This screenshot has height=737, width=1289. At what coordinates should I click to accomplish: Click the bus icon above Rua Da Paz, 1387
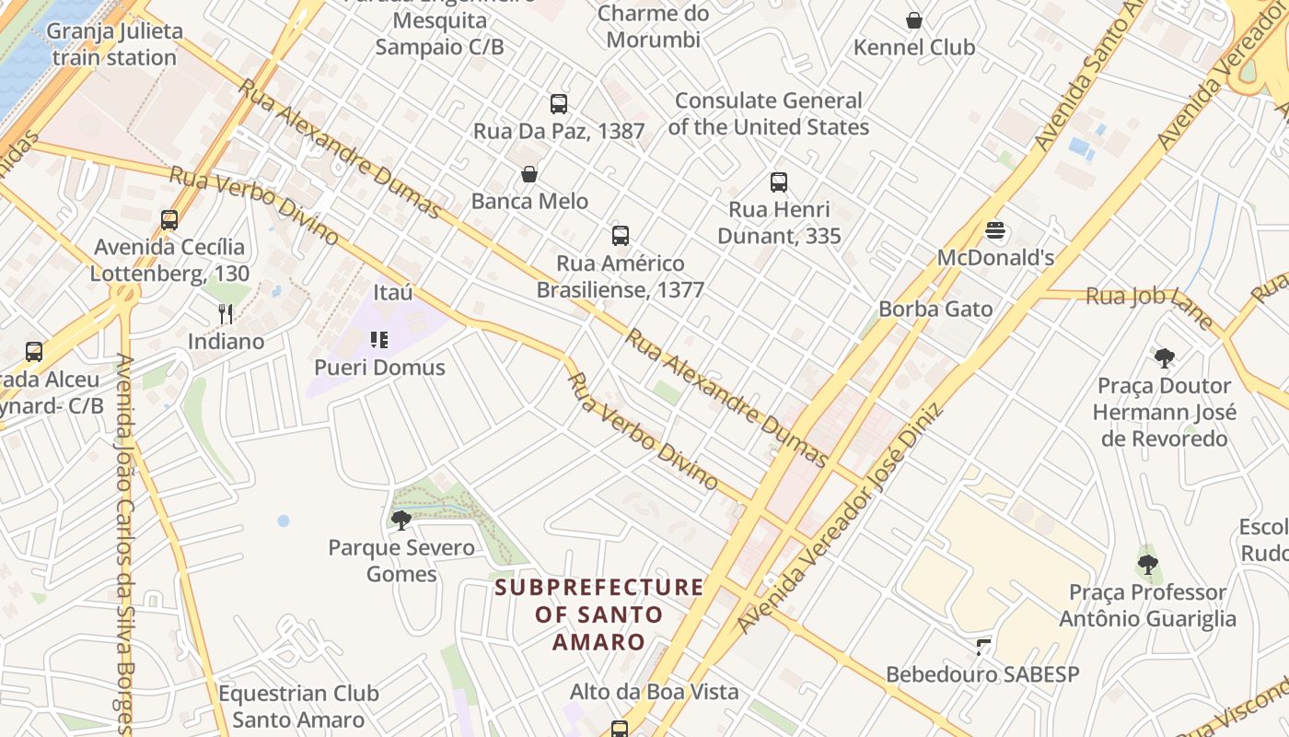click(559, 104)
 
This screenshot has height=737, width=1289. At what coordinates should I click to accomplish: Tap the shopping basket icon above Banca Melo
click(529, 174)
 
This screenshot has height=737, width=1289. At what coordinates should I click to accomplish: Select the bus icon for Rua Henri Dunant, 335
click(779, 182)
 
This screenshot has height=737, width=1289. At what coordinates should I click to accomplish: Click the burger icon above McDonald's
click(995, 230)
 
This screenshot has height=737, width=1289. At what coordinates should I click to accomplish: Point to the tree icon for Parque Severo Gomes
click(401, 521)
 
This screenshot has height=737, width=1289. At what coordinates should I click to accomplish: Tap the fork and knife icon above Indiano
click(226, 314)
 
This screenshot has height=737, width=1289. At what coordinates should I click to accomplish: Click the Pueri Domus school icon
click(379, 341)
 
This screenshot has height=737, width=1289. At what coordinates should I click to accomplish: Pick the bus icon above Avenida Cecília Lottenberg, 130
click(169, 220)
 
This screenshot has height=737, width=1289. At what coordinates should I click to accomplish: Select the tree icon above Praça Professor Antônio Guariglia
click(1147, 565)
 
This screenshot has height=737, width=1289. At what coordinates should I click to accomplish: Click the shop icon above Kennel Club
click(914, 20)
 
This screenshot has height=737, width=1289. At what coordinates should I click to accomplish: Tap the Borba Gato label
click(935, 310)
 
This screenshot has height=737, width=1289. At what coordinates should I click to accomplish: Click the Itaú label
click(393, 293)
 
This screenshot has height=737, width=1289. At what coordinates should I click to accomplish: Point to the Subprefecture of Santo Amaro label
click(599, 614)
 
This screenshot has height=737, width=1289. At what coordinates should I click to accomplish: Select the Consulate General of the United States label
click(768, 113)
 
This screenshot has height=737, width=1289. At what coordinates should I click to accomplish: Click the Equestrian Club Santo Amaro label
click(298, 707)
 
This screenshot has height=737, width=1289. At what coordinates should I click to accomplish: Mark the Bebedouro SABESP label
click(982, 674)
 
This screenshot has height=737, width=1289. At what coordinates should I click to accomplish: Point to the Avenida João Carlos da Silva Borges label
click(125, 544)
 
